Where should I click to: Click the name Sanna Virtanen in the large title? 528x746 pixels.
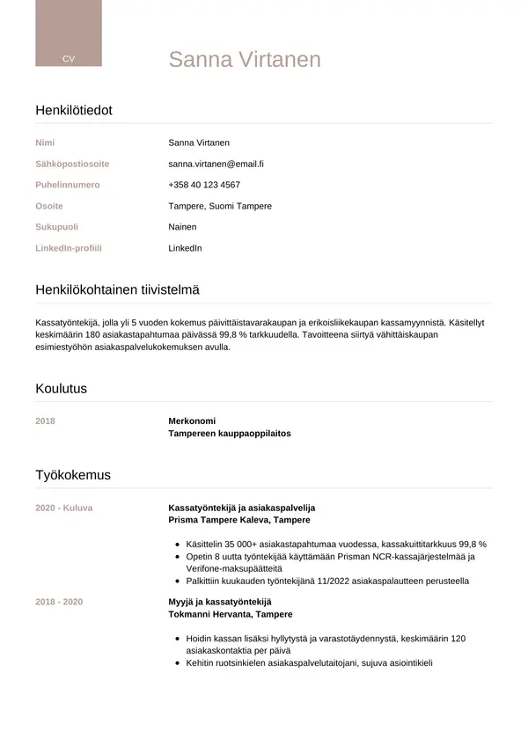[x=245, y=60]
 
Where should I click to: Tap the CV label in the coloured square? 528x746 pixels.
[x=69, y=58]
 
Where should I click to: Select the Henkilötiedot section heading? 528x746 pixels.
[x=74, y=110]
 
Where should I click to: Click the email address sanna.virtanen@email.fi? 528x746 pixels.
[x=216, y=164]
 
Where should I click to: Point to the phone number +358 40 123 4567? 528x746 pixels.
[x=204, y=185]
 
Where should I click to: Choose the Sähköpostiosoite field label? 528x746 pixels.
[x=72, y=164]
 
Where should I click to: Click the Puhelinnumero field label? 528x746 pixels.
[x=68, y=185]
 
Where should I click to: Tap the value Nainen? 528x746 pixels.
[x=182, y=227]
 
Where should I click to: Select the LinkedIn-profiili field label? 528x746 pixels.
[x=69, y=248]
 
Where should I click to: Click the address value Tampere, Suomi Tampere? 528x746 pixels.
[x=220, y=206]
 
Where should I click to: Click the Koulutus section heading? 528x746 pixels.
[x=61, y=388]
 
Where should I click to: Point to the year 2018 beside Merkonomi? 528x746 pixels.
[x=45, y=421]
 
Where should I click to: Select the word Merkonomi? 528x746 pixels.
[x=192, y=421]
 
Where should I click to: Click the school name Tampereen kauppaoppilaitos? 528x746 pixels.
[x=229, y=434]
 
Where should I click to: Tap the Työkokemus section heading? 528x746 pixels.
[x=73, y=475]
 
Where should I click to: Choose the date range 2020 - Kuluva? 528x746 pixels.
[x=63, y=508]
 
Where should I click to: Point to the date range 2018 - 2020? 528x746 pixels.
[x=59, y=601]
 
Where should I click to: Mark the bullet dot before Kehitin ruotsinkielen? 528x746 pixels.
[x=178, y=663]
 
